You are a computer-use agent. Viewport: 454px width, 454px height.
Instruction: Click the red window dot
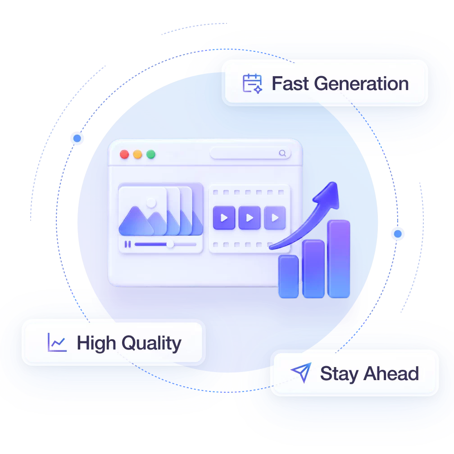click(124, 154)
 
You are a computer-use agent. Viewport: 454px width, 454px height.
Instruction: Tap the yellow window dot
click(137, 154)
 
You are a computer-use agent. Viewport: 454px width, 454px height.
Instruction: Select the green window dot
click(150, 154)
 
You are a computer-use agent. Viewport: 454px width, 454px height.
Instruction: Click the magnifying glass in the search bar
click(282, 153)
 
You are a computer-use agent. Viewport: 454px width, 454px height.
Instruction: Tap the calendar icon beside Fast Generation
click(252, 84)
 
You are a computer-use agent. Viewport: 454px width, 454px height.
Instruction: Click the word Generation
click(361, 84)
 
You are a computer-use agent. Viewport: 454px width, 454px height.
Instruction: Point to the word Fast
click(291, 84)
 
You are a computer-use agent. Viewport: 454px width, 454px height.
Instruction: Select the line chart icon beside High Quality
click(57, 342)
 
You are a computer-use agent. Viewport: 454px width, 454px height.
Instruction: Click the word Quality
click(151, 344)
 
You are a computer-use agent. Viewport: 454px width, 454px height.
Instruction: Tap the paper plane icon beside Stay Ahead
click(302, 372)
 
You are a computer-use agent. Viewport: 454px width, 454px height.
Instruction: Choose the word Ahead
click(391, 373)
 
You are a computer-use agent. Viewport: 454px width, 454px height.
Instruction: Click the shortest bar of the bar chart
click(288, 277)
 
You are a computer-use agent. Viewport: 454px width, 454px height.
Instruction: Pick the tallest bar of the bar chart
click(339, 259)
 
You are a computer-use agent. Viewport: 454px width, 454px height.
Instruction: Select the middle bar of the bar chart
click(313, 269)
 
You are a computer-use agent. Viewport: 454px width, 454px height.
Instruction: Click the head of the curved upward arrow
click(329, 195)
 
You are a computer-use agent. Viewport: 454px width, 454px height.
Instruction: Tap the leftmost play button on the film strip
click(224, 218)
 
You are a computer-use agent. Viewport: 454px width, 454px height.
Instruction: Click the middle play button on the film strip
click(250, 218)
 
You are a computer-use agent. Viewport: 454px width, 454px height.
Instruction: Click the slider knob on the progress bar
click(170, 245)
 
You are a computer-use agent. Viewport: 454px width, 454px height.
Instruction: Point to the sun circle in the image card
click(151, 203)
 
